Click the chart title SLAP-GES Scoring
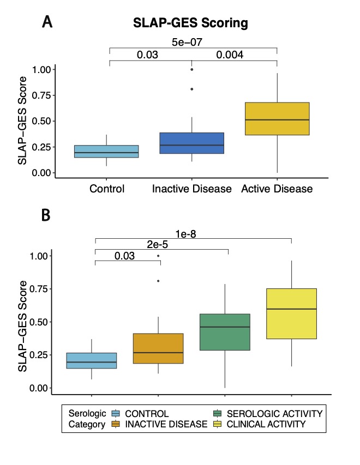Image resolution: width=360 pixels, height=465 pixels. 191,23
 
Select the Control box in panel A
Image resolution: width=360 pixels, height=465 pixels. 106,152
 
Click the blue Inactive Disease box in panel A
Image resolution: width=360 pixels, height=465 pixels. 191,143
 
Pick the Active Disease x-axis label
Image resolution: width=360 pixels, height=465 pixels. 277,189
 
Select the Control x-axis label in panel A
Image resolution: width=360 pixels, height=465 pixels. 107,189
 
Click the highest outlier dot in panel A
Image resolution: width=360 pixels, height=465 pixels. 191,69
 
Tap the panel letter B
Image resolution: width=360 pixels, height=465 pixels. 46,216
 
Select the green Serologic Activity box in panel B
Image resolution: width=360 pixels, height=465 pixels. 225,332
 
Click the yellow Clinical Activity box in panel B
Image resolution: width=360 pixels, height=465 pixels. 292,313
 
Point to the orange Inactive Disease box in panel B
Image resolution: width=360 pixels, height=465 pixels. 158,348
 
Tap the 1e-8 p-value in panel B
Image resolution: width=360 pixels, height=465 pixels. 194,233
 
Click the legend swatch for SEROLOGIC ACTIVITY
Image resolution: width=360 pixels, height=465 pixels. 223,414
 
